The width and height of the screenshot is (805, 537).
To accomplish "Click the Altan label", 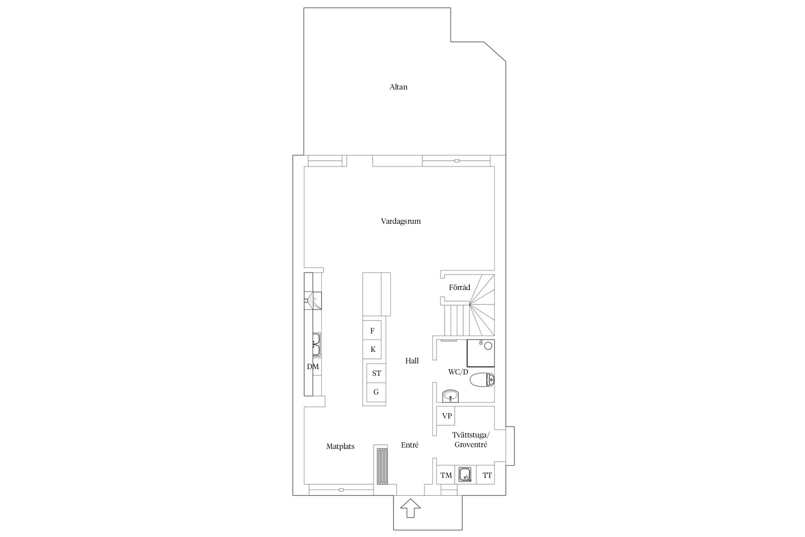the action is pos(398,87).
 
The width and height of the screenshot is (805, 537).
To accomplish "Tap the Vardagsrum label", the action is pos(401,221).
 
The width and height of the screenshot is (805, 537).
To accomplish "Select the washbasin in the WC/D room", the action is pos(450,396).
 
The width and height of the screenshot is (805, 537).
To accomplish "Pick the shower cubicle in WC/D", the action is pos(480,353).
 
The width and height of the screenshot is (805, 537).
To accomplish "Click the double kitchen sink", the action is pos(66,344).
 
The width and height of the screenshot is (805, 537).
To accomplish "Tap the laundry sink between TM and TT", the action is pos(465,475).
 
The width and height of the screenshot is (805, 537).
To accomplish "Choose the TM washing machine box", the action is pos(446,475).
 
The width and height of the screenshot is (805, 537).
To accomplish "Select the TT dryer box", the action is pos(486,475).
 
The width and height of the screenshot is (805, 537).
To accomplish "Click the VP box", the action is pos(446,415).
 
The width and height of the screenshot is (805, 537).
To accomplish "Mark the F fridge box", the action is pos(372,330).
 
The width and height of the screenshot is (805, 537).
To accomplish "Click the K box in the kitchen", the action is pos(372,349).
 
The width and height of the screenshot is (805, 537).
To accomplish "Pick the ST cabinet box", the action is pos(376,373).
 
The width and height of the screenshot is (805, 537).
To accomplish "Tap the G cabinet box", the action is pos(376,392).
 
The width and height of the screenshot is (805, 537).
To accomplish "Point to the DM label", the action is pos(313,367).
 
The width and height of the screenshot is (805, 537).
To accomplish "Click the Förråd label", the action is pos(459,287).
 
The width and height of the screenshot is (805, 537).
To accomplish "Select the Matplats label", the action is pos(340,447).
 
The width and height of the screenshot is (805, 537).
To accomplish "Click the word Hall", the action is pos(412,361).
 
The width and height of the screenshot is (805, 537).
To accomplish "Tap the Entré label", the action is pos(410,445).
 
